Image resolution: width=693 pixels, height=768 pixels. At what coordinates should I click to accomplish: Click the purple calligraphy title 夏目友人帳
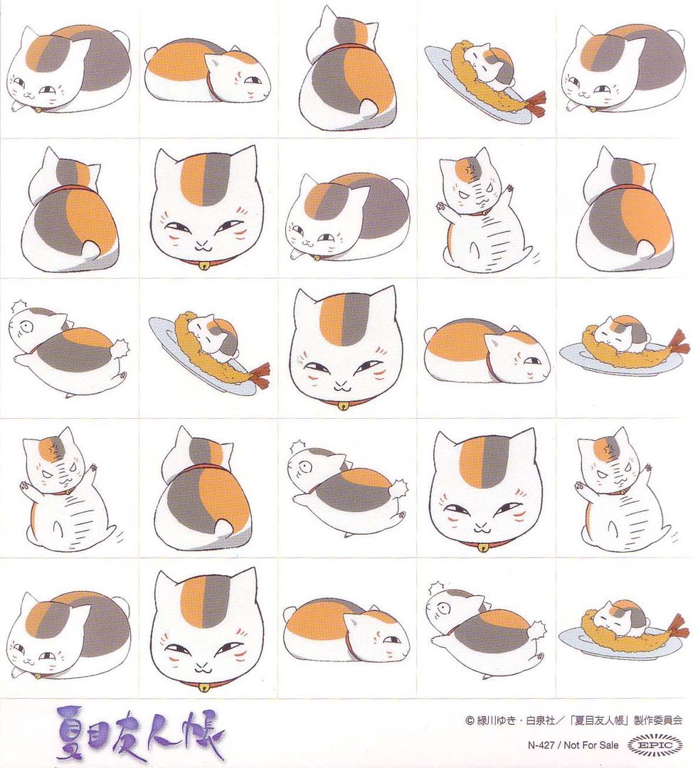click(x=139, y=732)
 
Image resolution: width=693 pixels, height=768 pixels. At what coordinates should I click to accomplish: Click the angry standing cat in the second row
click(x=484, y=210)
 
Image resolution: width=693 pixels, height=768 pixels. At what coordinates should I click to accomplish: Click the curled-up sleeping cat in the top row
click(x=207, y=71)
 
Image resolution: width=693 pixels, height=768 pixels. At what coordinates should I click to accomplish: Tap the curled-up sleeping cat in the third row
click(x=487, y=351)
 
